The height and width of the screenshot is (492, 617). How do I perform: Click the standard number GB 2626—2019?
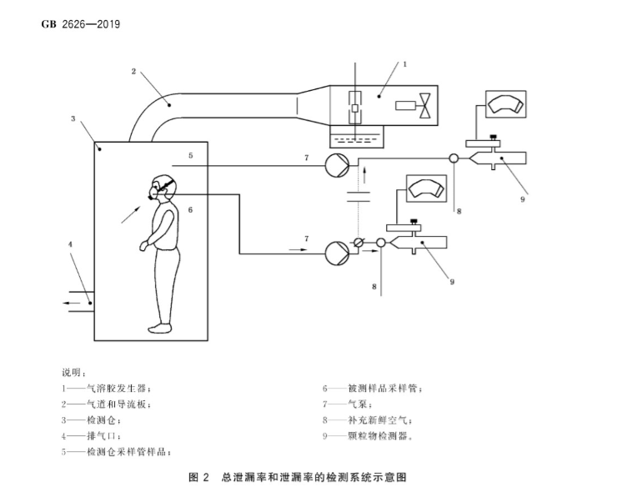pos(81,23)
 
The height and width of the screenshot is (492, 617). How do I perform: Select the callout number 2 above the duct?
pos(133,71)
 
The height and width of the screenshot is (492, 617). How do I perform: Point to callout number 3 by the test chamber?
pos(73,119)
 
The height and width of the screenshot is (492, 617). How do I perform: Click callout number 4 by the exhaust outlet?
pos(70,243)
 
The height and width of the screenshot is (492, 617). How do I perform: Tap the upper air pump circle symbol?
pos(339,165)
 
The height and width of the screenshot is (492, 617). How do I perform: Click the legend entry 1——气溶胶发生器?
pos(107,388)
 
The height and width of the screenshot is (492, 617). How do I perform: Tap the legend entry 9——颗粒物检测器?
pos(368,435)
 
